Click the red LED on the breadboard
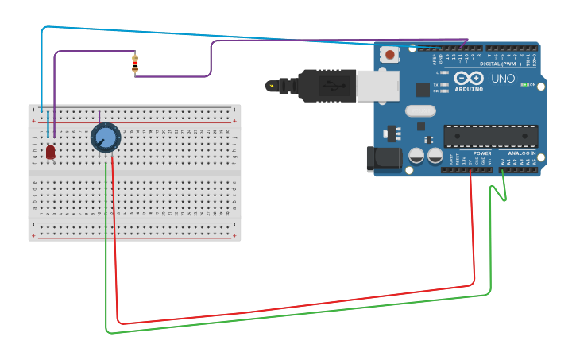point(50,151)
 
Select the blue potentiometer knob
point(105,137)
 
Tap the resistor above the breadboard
point(135,64)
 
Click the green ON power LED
point(524,84)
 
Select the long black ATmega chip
point(490,136)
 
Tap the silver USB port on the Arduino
point(378,86)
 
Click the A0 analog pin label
point(502,161)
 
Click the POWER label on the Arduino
point(482,153)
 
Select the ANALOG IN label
point(522,153)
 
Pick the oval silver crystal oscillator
point(420,111)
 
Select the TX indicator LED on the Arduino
point(444,83)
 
